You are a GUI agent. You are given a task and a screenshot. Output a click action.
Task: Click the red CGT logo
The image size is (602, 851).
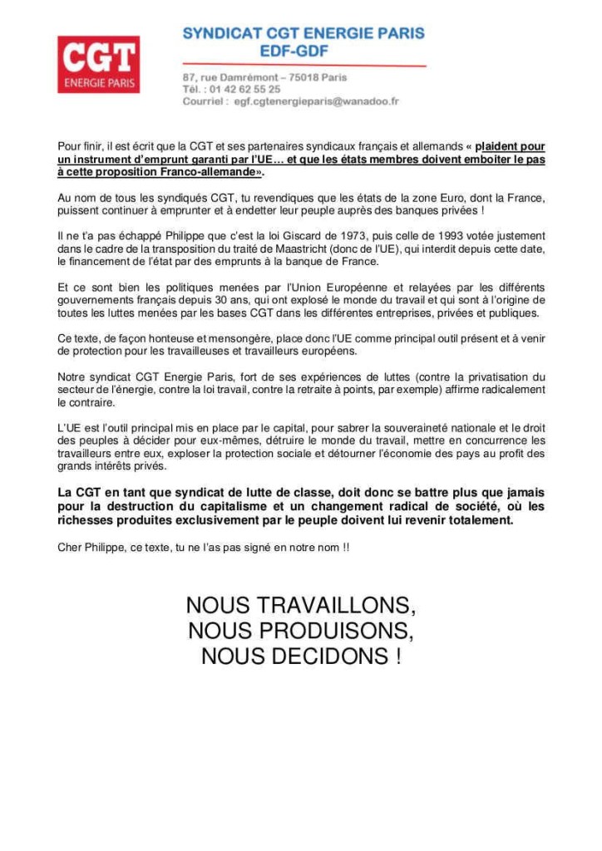[x=98, y=64]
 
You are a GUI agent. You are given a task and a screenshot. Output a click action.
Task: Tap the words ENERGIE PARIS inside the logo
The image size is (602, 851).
[x=98, y=83]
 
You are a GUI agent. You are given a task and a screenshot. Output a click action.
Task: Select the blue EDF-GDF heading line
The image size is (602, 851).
[x=304, y=52]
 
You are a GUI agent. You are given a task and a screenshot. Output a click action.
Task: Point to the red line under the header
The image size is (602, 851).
[x=304, y=65]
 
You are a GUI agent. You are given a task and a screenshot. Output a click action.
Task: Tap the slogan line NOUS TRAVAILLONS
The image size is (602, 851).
[x=301, y=604]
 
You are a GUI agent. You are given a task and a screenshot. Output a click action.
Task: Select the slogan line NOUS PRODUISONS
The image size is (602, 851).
[x=301, y=631]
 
